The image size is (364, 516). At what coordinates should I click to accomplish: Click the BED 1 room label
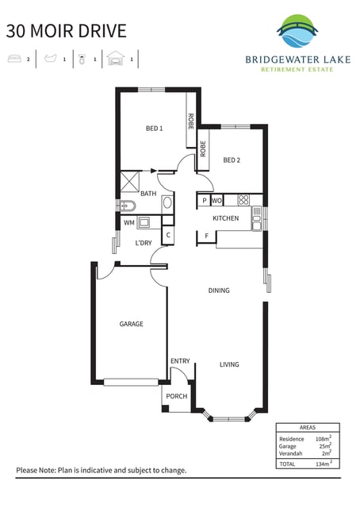154,129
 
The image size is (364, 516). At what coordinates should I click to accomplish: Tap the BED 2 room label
232,160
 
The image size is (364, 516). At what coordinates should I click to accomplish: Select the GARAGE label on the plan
131,324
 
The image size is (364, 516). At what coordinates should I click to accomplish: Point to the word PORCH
177,396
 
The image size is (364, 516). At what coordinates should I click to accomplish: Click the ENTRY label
180,361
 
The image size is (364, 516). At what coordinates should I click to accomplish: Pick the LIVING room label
229,364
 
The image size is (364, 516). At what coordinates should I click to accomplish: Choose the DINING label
219,291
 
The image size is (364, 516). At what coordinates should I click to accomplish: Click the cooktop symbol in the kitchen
243,200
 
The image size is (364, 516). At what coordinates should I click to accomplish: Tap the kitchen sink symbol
257,218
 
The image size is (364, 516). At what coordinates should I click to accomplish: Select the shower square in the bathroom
129,181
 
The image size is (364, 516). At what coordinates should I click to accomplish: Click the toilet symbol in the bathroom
127,206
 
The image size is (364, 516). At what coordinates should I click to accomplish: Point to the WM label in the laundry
129,223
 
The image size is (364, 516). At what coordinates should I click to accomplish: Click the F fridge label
206,236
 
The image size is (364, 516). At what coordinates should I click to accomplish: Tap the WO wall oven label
216,200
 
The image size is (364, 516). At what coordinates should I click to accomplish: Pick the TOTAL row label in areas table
287,464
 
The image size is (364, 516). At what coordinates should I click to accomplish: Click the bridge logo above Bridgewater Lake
297,31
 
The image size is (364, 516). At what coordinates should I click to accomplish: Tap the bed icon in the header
14,59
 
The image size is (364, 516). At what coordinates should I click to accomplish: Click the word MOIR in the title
52,31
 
